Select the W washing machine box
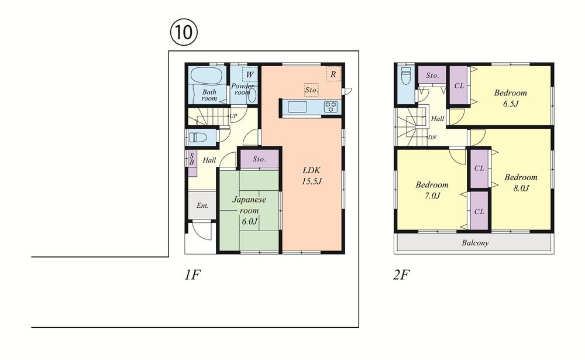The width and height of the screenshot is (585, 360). pyautogui.click(x=249, y=75)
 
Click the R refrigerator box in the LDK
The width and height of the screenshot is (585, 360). pyautogui.click(x=333, y=74)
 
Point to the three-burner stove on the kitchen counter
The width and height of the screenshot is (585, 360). pyautogui.click(x=331, y=107)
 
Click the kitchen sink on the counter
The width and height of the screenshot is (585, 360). pyautogui.click(x=297, y=107)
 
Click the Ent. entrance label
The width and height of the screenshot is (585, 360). pyautogui.click(x=202, y=205)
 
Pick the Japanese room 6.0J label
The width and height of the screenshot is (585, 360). pyautogui.click(x=249, y=210)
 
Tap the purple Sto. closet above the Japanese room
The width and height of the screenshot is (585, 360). pyautogui.click(x=260, y=159)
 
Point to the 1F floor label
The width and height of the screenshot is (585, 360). pyautogui.click(x=192, y=275)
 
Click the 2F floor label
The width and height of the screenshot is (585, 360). pyautogui.click(x=401, y=275)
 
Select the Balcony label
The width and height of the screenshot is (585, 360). pyautogui.click(x=475, y=243)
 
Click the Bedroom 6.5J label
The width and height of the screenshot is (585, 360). pyautogui.click(x=510, y=98)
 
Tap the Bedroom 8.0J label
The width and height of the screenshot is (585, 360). pyautogui.click(x=521, y=183)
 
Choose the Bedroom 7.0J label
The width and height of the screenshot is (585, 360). pyautogui.click(x=432, y=190)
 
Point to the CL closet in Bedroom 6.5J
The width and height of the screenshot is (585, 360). pyautogui.click(x=459, y=86)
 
